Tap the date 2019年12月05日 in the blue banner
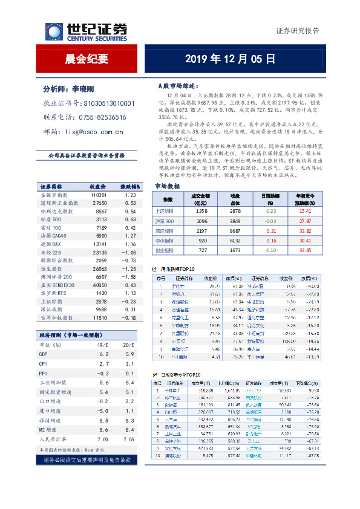pyautogui.click(x=230, y=59)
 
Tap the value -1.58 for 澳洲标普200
pyautogui.click(x=128, y=276)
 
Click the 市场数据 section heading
pyautogui.click(x=167, y=186)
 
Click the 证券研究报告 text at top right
pyautogui.click(x=298, y=30)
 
